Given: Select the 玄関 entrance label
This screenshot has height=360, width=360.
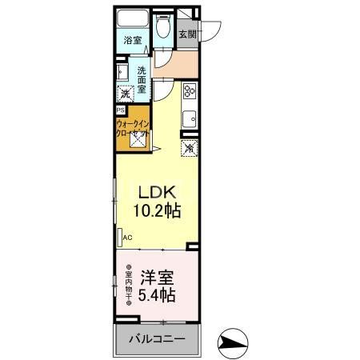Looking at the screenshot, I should coord(187,34).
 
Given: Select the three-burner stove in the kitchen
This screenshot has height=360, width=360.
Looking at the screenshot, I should coord(190,91).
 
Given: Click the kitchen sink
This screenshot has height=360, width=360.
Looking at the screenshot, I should coord(190,121).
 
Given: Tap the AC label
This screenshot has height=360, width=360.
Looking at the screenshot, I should coord(127,237).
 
